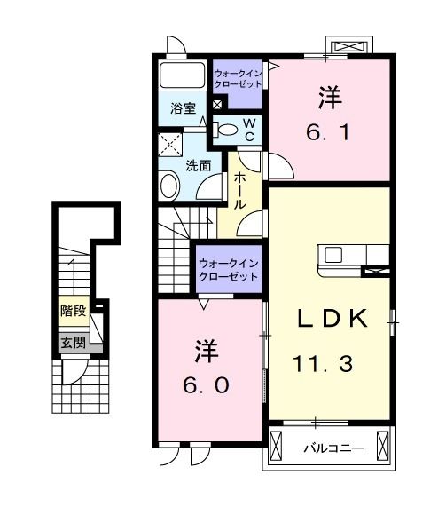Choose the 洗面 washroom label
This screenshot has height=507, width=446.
pyautogui.click(x=198, y=165)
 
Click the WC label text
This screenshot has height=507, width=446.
pyautogui.click(x=250, y=130)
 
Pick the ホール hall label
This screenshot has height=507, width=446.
pyautogui.click(x=239, y=190)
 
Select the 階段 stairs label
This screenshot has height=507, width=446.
pyautogui.click(x=74, y=311)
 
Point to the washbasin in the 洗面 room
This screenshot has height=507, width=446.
pyautogui.click(x=168, y=185)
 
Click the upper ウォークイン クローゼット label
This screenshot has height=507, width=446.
pyautogui.click(x=239, y=75)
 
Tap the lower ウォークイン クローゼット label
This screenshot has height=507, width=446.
pyautogui.click(x=229, y=269)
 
